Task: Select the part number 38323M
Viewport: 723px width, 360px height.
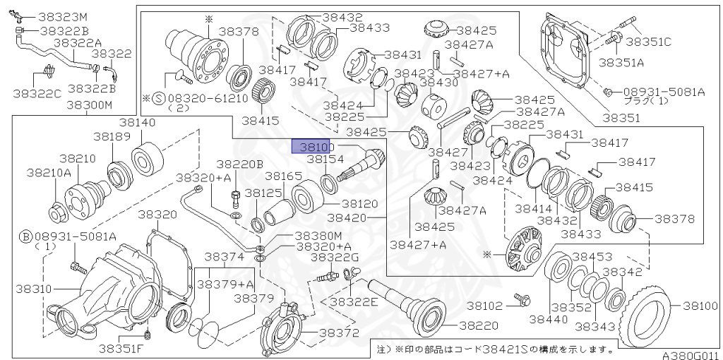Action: click(63, 16)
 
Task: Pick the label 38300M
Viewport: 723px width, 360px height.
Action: click(89, 105)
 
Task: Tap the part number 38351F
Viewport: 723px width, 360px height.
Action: click(121, 347)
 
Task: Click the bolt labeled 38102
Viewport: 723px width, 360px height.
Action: click(523, 299)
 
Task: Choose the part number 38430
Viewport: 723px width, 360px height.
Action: click(439, 83)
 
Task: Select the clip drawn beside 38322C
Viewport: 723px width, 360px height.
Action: click(47, 71)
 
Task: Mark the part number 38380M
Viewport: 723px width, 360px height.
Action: click(318, 235)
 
